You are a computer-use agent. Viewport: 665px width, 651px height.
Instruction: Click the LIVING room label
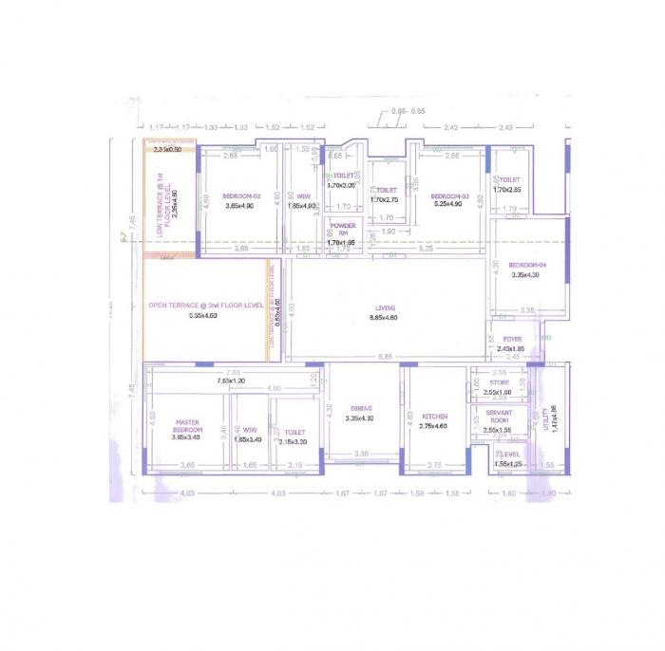(385, 307)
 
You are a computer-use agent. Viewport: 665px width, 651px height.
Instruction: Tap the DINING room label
(358, 408)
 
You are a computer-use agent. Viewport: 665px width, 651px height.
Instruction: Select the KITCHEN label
(434, 417)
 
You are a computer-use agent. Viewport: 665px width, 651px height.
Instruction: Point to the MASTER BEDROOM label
(187, 426)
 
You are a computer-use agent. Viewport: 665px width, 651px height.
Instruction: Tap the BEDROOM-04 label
(527, 265)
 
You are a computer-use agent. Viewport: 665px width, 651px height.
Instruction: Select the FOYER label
(512, 339)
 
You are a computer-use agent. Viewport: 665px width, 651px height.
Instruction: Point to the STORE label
(500, 382)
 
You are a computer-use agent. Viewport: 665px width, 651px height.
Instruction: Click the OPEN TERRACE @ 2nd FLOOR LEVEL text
(205, 305)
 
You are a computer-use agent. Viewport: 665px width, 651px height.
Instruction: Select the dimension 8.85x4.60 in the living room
(385, 319)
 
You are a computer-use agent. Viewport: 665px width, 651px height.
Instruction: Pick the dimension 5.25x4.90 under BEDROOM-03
(447, 204)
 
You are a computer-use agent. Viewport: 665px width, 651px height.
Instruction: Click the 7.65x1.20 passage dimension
(231, 381)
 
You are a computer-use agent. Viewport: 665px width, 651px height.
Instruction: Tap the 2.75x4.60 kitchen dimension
(434, 427)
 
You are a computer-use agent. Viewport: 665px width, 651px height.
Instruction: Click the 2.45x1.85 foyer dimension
(512, 349)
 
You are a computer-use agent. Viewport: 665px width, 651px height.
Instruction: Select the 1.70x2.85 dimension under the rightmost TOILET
(508, 190)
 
